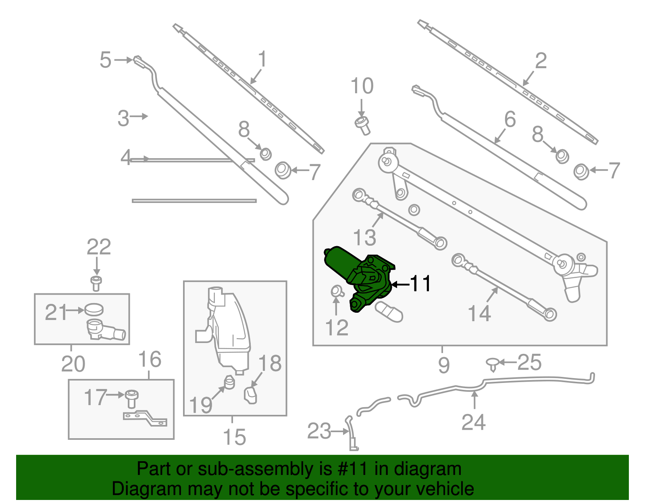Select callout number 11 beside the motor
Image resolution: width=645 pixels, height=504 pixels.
point(420,284)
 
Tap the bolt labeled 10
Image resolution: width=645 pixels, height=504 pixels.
point(362,125)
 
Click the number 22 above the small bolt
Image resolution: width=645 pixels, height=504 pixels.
point(99,247)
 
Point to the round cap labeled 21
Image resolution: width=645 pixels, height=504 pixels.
point(94,310)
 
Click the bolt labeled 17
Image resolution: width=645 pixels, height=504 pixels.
point(132,398)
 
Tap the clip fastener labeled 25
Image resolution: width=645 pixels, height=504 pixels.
point(492,364)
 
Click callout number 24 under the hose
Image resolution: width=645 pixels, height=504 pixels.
point(473,422)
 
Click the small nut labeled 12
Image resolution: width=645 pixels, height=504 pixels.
point(336,291)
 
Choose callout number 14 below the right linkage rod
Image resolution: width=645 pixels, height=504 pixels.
point(479,314)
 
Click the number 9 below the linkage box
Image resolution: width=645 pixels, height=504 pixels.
point(443,365)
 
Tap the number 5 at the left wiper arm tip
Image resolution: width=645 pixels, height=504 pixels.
point(105,60)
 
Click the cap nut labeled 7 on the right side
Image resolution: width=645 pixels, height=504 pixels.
point(581,171)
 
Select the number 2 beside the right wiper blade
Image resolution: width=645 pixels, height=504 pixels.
point(541,61)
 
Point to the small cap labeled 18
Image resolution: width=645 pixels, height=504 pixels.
point(250,395)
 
